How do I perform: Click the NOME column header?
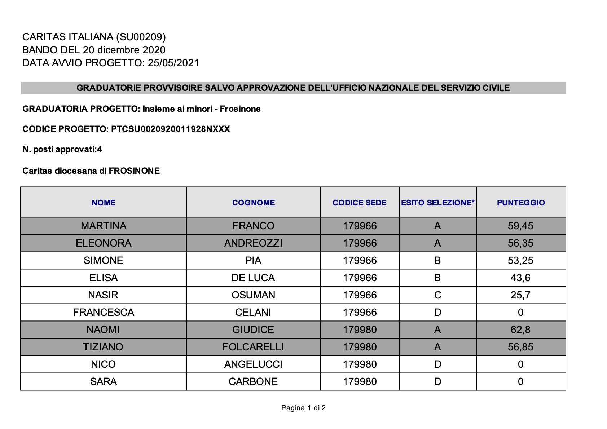coord(104,203)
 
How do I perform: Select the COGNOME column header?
coord(253,203)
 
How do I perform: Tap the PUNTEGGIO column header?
coord(520,203)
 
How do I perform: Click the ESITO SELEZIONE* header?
coord(437,203)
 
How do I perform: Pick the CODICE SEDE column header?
coord(359,203)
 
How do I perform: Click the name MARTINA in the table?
coord(104,226)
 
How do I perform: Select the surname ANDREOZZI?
coord(253,243)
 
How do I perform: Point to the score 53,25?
coord(520,260)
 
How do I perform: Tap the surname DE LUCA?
coord(253,278)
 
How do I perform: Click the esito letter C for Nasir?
coord(437,295)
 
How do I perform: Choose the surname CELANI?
coord(253,312)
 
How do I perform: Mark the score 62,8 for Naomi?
coord(520,330)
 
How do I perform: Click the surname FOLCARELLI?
coord(253,347)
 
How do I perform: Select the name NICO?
coord(104,364)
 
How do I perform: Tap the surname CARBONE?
coord(253,381)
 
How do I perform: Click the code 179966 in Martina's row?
coord(360,226)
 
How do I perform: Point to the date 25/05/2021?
coord(173,63)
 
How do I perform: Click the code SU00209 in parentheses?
coord(141,37)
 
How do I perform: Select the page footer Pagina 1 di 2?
coord(303,408)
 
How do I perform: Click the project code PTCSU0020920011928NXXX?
coord(170,129)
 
